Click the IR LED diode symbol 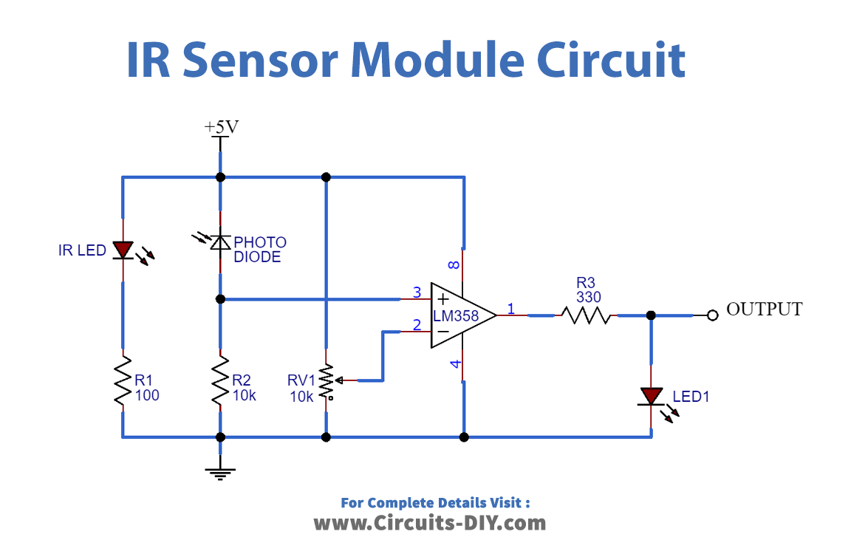pos(123,250)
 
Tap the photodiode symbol pos(219,242)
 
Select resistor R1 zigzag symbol pos(123,381)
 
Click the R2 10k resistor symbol pos(219,381)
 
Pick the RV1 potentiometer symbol pos(326,381)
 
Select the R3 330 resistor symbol pos(586,315)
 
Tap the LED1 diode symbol pos(651,397)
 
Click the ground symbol pos(219,471)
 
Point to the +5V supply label pos(221,127)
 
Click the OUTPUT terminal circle pos(712,315)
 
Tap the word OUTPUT pos(764,309)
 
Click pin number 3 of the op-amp pos(417,293)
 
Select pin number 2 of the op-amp pos(417,324)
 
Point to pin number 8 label pos(455,264)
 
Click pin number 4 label pos(455,363)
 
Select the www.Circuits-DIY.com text pos(430,523)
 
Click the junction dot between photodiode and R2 pos(219,299)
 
